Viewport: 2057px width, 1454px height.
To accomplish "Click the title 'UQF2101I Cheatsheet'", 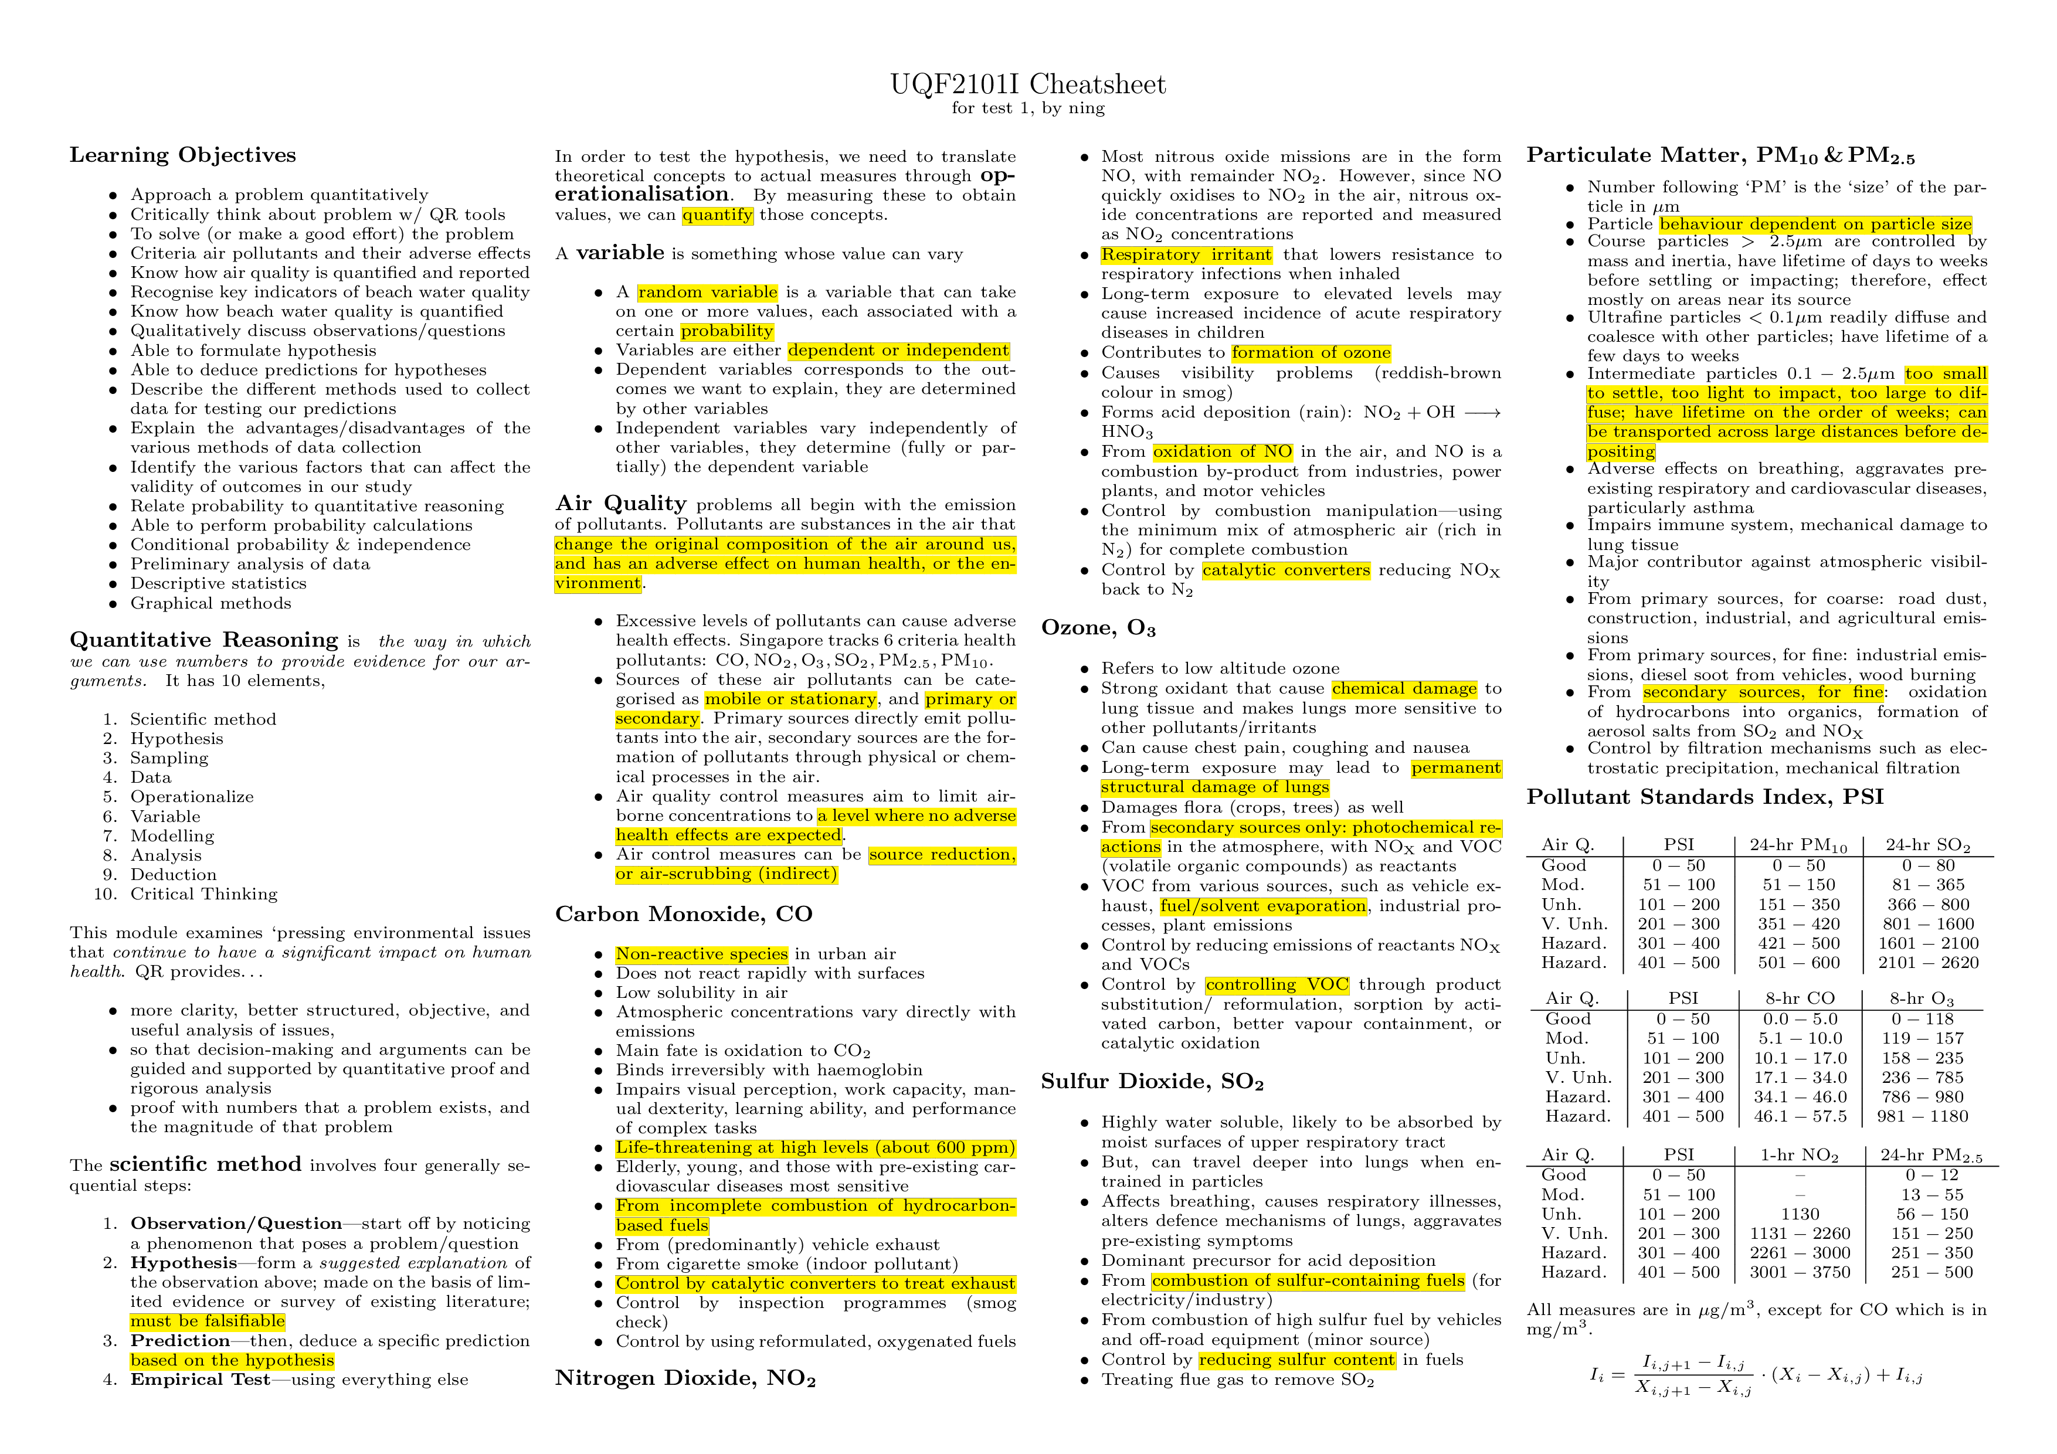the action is tap(1027, 84).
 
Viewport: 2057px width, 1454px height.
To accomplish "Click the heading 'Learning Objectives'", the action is tap(183, 155).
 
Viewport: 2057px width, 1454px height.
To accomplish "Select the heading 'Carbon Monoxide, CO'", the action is tap(684, 914).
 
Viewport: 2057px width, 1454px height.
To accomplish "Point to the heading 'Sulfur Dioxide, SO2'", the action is tap(1152, 1081).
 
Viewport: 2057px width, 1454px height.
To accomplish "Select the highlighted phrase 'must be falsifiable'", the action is tap(207, 1321).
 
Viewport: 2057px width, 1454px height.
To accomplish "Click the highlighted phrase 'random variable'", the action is tap(708, 292).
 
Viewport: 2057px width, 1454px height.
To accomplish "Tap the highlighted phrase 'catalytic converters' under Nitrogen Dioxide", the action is tap(1285, 570).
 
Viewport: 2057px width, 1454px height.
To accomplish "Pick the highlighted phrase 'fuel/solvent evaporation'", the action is tap(1263, 906).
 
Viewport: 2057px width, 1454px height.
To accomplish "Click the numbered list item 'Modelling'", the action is tap(172, 836).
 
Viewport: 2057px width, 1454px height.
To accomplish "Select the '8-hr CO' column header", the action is tap(1800, 998).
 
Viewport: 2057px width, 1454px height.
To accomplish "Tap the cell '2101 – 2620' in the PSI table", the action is tap(1928, 962).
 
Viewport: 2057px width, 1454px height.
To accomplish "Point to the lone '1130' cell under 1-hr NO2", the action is tap(1800, 1214).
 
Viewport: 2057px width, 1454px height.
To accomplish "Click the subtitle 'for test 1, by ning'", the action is tap(1027, 108).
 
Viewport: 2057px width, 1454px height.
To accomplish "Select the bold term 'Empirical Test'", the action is tap(200, 1380).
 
